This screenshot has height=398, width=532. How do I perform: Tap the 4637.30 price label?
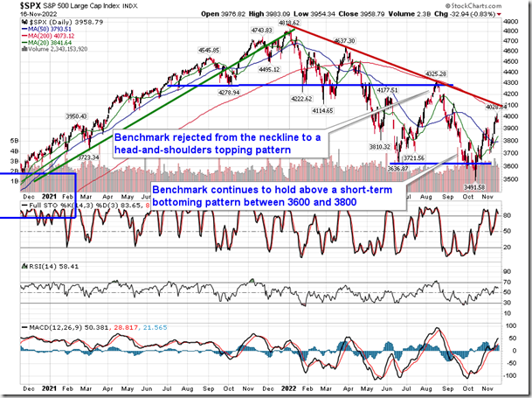click(345, 41)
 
